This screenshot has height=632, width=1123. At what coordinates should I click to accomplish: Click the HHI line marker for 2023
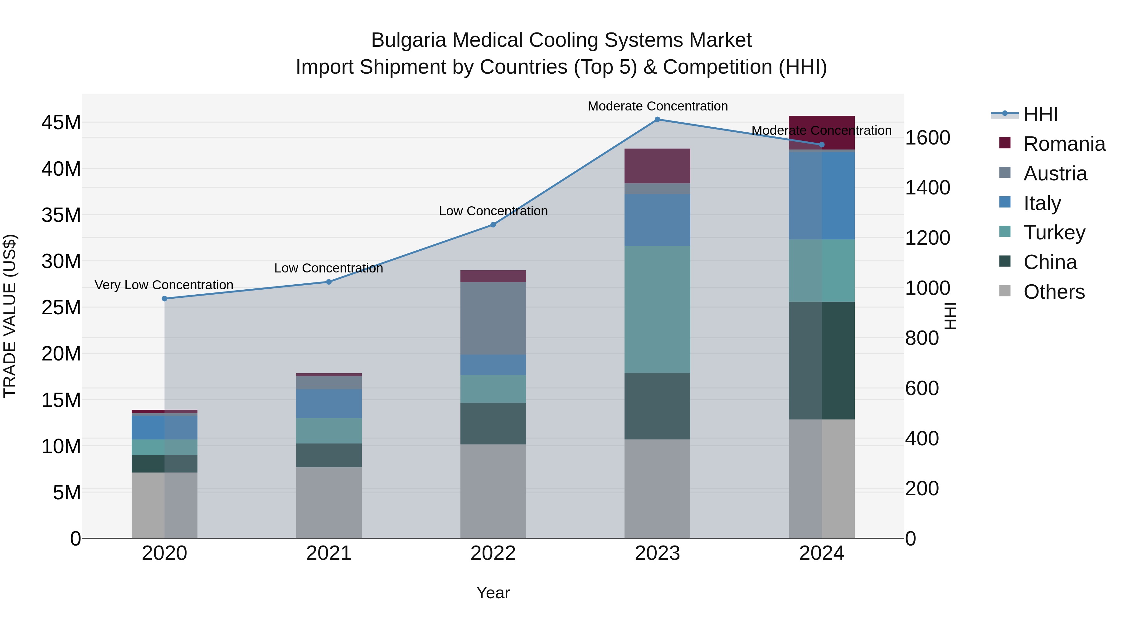(657, 120)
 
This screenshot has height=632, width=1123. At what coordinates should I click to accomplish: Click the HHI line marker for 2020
(164, 299)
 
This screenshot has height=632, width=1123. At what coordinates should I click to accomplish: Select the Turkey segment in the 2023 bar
(657, 309)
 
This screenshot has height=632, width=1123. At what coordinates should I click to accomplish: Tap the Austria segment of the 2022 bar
(493, 318)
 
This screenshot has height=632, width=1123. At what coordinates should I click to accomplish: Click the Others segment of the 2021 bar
(329, 502)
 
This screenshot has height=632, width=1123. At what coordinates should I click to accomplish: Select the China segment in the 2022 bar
(493, 424)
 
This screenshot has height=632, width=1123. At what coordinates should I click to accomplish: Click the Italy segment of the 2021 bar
(329, 404)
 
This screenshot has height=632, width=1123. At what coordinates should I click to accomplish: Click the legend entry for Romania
(1064, 144)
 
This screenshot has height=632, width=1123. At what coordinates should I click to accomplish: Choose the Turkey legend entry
(1054, 233)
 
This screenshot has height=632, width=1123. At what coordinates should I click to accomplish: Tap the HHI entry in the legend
(1041, 114)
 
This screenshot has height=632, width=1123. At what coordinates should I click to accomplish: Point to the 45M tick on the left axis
(61, 123)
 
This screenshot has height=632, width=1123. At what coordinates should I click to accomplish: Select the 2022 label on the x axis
(493, 553)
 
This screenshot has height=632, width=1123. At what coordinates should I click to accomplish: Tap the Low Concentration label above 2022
(493, 211)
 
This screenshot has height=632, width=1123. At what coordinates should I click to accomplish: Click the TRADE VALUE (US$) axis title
(10, 316)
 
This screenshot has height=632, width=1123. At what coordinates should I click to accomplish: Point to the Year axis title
(493, 593)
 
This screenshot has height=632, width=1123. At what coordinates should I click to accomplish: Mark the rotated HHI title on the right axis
(951, 316)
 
